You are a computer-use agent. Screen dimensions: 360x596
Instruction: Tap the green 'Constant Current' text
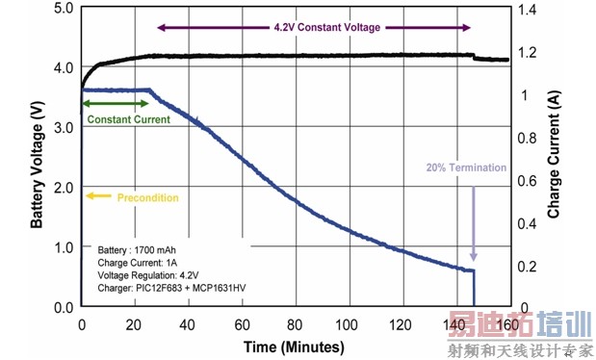pos(128,119)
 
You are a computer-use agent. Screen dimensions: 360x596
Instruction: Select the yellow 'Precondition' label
pos(147,197)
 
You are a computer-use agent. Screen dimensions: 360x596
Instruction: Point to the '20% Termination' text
pos(467,167)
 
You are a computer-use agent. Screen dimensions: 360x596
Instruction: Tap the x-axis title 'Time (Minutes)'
pos(293,345)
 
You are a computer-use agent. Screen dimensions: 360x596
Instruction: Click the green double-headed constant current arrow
pos(117,103)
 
